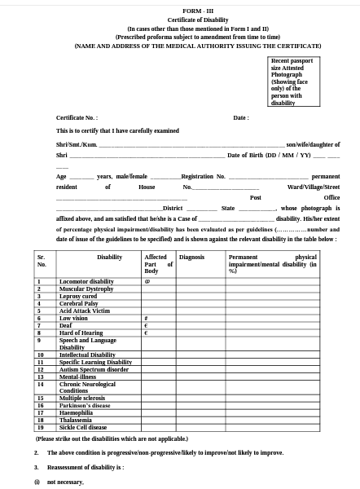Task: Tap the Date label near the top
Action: click(x=240, y=117)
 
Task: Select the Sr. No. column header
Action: click(x=42, y=260)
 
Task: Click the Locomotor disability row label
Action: click(x=86, y=281)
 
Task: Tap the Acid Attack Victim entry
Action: click(x=84, y=311)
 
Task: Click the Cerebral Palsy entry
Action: click(x=79, y=303)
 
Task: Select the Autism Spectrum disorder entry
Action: click(x=94, y=369)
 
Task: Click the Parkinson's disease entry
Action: click(x=85, y=405)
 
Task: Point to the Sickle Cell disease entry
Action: click(x=83, y=427)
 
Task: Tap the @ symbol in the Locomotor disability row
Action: click(x=146, y=281)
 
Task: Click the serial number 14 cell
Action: click(x=41, y=384)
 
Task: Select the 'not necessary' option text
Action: click(x=65, y=482)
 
